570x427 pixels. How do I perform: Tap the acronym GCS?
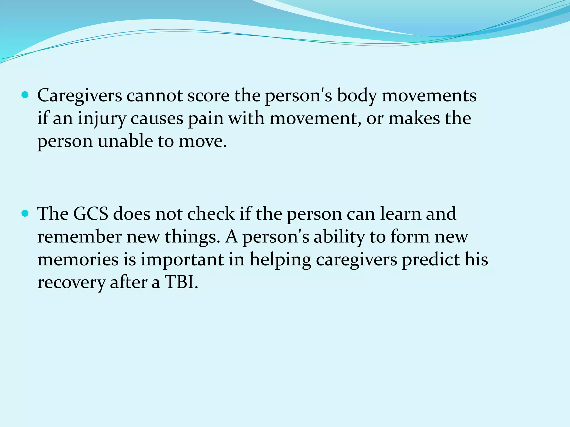click(x=90, y=214)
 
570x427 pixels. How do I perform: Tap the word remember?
click(x=80, y=237)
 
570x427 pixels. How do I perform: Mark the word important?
click(x=182, y=260)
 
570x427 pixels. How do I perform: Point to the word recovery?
click(x=71, y=282)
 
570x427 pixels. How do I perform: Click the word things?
click(x=192, y=237)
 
